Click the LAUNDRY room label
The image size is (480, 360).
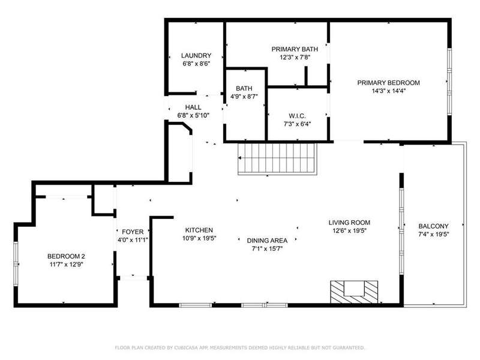196,55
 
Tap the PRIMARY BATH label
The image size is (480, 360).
295,49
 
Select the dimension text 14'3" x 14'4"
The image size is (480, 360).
388,91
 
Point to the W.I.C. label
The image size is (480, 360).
297,116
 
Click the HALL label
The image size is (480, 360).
193,107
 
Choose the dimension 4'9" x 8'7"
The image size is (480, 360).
244,97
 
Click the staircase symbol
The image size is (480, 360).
277,159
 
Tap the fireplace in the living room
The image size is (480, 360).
354,292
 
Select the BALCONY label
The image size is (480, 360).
433,226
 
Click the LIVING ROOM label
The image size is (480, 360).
349,223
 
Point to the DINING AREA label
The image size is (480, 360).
267,241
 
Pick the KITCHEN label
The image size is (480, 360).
199,230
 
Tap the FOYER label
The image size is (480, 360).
133,232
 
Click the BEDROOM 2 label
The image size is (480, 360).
66,257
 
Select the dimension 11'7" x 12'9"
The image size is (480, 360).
67,265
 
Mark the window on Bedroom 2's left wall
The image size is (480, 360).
16,264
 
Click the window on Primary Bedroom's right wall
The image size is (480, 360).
449,82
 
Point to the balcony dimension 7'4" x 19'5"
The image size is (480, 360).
433,235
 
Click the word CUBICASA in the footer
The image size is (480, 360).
187,348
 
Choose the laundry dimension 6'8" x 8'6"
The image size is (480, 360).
196,64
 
